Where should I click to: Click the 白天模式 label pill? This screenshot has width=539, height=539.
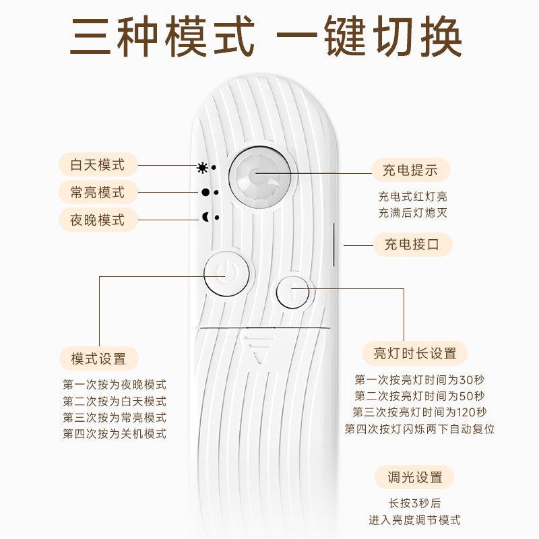98,164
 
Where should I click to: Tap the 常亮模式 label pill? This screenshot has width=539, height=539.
98,192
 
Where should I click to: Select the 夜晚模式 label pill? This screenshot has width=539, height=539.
98,220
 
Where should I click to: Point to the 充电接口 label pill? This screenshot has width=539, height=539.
412,245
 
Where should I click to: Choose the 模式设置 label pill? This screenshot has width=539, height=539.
99,358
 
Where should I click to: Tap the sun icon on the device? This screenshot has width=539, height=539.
202,168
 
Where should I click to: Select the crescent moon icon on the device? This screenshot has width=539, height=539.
205,217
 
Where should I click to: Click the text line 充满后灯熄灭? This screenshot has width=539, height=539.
412,213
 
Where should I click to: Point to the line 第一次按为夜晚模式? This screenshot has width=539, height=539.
115,385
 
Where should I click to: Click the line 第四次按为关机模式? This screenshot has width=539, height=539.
115,434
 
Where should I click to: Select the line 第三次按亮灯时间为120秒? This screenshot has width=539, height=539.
420,412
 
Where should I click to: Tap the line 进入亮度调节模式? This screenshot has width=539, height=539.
414,519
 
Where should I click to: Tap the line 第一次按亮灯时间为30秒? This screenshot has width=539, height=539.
420,380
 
